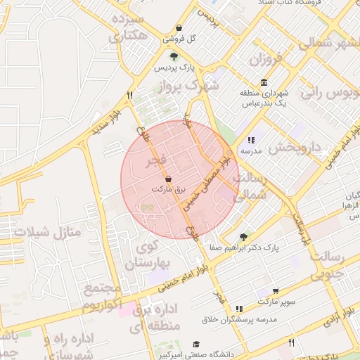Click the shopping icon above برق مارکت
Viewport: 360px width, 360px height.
167,179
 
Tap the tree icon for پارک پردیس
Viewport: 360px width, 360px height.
174,56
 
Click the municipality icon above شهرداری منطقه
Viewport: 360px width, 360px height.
264,82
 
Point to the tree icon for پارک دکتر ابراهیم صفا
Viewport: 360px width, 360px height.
243,237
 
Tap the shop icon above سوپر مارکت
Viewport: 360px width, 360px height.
275,290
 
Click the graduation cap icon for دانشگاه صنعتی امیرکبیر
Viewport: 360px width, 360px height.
198,345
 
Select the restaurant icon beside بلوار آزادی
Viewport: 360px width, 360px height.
292,342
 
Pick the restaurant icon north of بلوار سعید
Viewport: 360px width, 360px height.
129,94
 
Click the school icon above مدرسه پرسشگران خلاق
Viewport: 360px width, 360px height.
240,308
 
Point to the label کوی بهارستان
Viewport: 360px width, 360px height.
143,256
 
